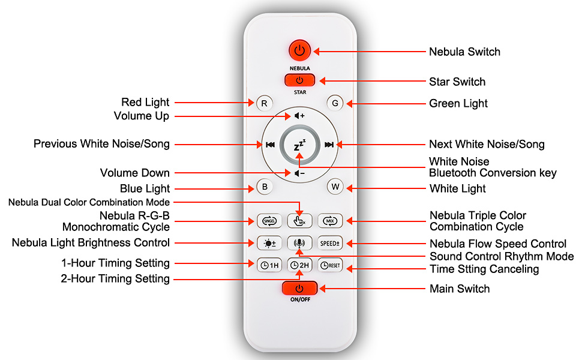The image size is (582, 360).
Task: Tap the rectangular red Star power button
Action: [x=300, y=80]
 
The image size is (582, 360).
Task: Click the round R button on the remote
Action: [x=264, y=103]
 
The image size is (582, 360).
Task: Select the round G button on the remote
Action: [x=335, y=103]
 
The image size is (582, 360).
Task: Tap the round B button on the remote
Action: [x=264, y=187]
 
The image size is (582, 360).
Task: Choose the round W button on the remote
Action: [x=335, y=187]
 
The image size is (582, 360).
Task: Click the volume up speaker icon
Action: [x=299, y=115]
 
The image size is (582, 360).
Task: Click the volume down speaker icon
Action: [x=299, y=173]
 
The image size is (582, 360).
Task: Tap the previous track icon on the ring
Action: [x=271, y=145]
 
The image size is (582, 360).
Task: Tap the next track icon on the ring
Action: [x=329, y=145]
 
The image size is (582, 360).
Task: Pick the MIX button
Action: [x=329, y=221]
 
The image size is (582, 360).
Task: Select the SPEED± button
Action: [x=329, y=243]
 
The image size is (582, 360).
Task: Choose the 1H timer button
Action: [x=269, y=265]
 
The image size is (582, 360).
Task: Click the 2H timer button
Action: [x=299, y=265]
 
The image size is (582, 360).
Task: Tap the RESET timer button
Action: [x=329, y=265]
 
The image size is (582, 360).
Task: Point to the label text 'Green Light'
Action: [x=458, y=104]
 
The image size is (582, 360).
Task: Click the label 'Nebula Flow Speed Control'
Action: [x=498, y=244]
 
